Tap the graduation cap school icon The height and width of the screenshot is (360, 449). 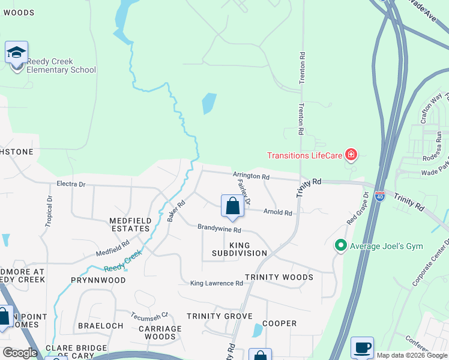16,53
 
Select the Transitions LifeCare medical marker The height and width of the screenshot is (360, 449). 351,156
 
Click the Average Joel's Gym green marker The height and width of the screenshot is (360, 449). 341,245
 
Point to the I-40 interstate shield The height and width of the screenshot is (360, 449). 379,196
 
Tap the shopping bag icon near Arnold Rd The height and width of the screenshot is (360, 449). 232,207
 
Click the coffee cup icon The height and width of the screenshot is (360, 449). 362,347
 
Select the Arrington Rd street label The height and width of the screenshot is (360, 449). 252,176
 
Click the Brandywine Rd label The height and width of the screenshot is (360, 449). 220,229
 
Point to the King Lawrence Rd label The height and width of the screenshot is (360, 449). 216,283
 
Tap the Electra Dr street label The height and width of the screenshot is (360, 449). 71,184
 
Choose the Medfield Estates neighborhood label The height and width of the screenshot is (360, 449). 130,224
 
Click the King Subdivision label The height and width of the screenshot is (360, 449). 240,249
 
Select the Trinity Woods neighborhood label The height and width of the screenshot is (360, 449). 279,277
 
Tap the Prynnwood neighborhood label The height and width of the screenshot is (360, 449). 98,280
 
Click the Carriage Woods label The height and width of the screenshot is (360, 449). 160,332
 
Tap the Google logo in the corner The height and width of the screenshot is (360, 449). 20,353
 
